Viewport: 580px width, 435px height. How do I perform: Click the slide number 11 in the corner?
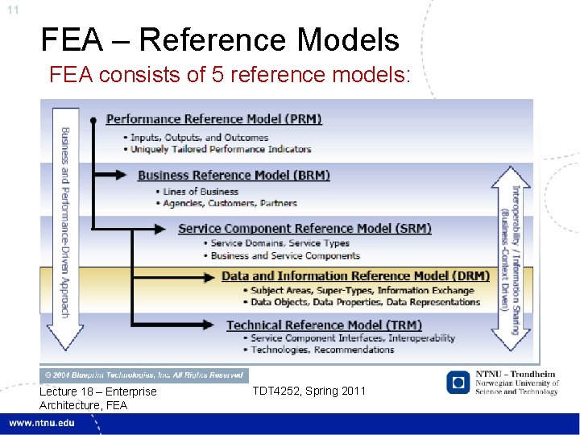coord(11,10)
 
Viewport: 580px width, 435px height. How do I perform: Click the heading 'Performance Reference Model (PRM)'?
coord(214,119)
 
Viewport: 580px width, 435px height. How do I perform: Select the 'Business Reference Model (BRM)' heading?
coord(234,175)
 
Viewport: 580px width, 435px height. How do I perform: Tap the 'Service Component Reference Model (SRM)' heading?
coord(304,228)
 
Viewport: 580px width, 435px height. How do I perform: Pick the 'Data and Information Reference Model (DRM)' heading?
coord(355,275)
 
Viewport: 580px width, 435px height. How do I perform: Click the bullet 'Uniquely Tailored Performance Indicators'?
coord(220,149)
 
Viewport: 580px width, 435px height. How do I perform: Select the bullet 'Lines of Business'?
coord(201,192)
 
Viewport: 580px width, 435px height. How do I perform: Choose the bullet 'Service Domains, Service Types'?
coord(280,243)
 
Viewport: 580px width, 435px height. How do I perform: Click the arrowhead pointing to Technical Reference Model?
coord(212,325)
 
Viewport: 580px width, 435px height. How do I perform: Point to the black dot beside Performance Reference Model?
coord(94,120)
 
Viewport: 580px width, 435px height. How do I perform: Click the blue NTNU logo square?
coord(458,382)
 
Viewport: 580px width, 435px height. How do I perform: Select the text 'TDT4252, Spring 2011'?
coord(309,391)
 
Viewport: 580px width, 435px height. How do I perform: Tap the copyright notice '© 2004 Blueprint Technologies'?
coord(144,375)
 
